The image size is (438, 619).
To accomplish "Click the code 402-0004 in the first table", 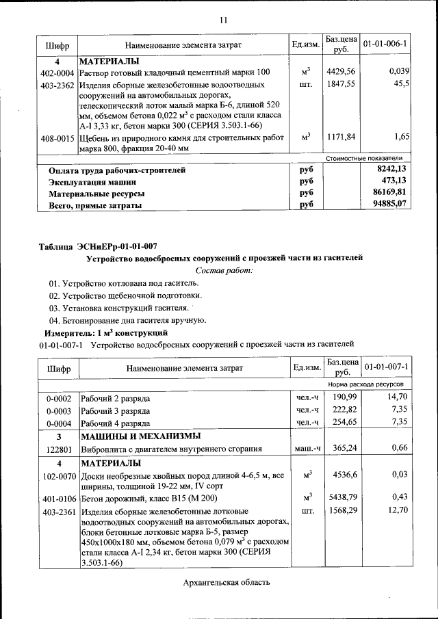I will pos(57,72).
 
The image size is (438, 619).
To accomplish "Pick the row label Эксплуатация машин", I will pos(92,182).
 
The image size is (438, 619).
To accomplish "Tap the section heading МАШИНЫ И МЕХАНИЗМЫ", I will pos(140,436).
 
